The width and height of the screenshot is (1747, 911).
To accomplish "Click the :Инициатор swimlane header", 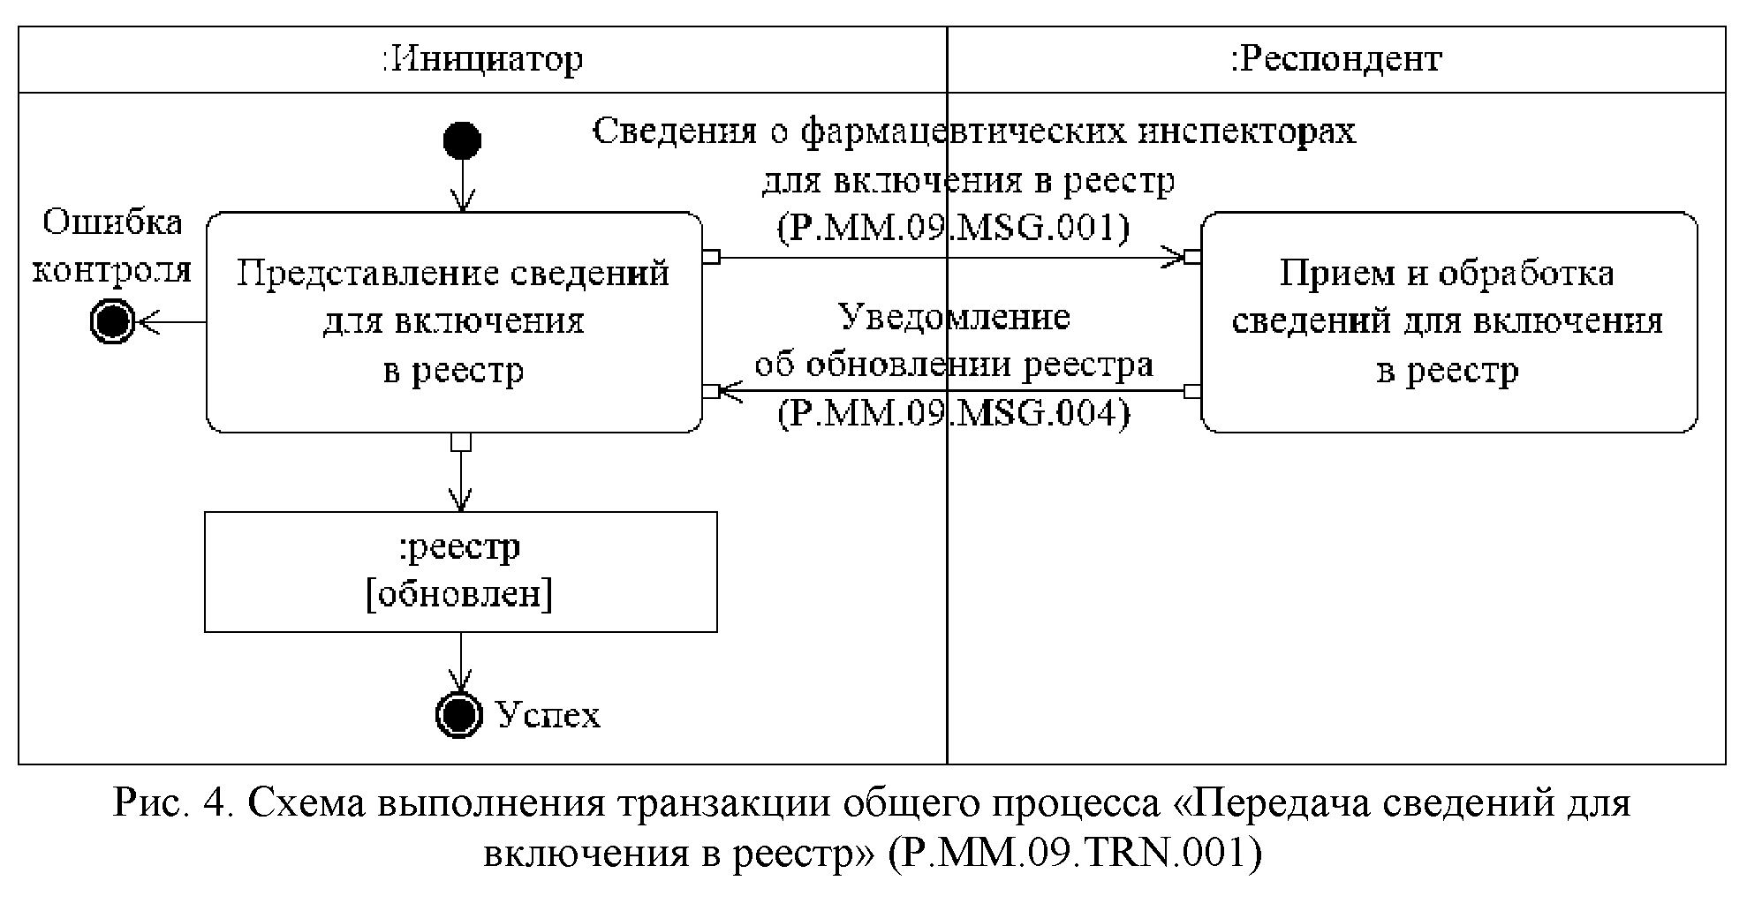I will (x=482, y=60).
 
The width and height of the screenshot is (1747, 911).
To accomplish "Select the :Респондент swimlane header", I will (x=1335, y=60).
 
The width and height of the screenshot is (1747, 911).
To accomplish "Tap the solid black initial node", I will (x=461, y=140).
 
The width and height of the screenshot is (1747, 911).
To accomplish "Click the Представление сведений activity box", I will (x=453, y=322).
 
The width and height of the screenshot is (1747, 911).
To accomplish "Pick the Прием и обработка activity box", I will (x=1448, y=322).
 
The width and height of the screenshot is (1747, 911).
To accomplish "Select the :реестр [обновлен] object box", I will (x=460, y=571).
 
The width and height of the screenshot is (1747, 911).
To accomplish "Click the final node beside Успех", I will (x=459, y=713).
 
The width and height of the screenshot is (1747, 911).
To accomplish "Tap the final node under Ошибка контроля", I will (x=112, y=322).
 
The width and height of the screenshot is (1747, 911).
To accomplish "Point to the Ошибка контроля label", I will (x=112, y=245).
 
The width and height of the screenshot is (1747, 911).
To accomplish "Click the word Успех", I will (x=548, y=715).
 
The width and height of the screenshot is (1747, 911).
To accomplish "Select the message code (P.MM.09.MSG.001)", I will (x=953, y=229).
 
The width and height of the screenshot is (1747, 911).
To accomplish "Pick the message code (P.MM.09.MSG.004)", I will (x=953, y=413).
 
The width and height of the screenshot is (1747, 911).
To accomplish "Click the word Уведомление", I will (x=953, y=316).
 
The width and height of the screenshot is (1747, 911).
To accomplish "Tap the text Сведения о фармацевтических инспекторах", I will (x=973, y=132).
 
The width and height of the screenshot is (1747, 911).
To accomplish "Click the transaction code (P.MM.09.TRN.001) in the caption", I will (x=1074, y=853).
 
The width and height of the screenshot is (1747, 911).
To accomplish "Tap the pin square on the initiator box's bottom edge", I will (x=461, y=441).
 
